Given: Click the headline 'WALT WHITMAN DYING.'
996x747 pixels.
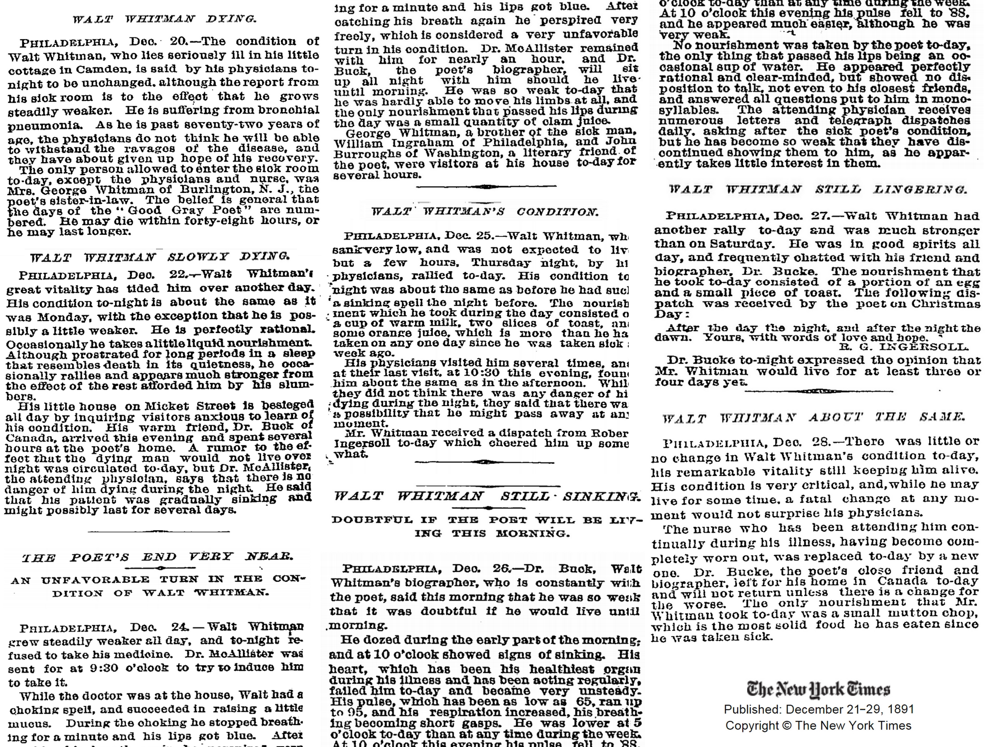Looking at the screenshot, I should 164,19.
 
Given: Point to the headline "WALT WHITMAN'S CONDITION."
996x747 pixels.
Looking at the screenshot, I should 485,212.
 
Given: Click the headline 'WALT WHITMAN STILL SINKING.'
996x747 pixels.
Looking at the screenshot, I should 486,496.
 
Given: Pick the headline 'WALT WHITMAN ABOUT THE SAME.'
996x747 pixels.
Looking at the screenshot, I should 813,417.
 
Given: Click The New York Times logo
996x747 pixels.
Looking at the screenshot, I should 819,689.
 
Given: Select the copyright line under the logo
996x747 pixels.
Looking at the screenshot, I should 818,726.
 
